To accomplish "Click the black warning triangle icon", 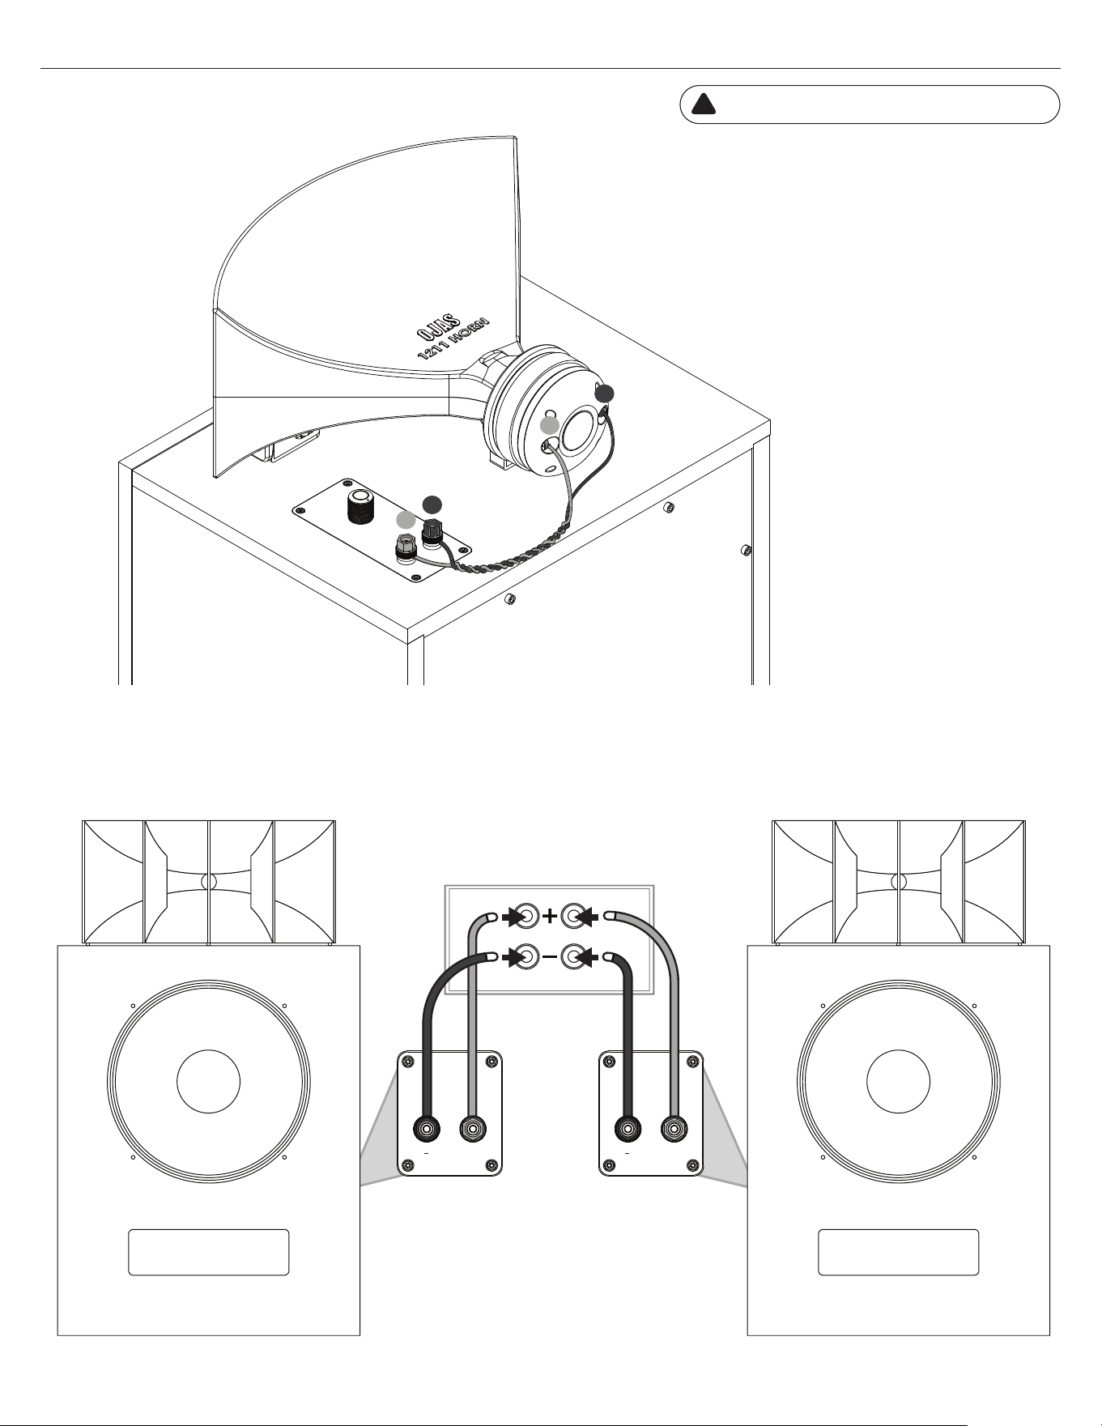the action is point(704,104).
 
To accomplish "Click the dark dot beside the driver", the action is point(604,394).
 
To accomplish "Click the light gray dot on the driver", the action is point(550,425).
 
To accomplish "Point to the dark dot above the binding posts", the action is point(433,503).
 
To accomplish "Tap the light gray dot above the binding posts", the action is point(406,520).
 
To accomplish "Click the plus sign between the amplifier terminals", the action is point(550,917).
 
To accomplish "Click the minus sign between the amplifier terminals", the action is point(550,957).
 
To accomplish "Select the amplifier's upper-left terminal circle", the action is point(525,917).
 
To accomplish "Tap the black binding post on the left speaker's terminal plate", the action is point(427,1129).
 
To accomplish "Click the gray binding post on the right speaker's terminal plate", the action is point(674,1129).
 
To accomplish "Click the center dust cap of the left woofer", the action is point(208,1081).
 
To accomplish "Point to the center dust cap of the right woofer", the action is point(898,1081).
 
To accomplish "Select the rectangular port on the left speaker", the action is point(209,1253).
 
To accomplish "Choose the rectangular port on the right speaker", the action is point(899,1253).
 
